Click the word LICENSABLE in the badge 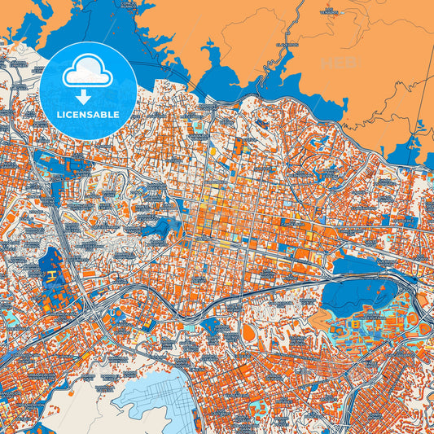[88, 115]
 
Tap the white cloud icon [88, 72]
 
